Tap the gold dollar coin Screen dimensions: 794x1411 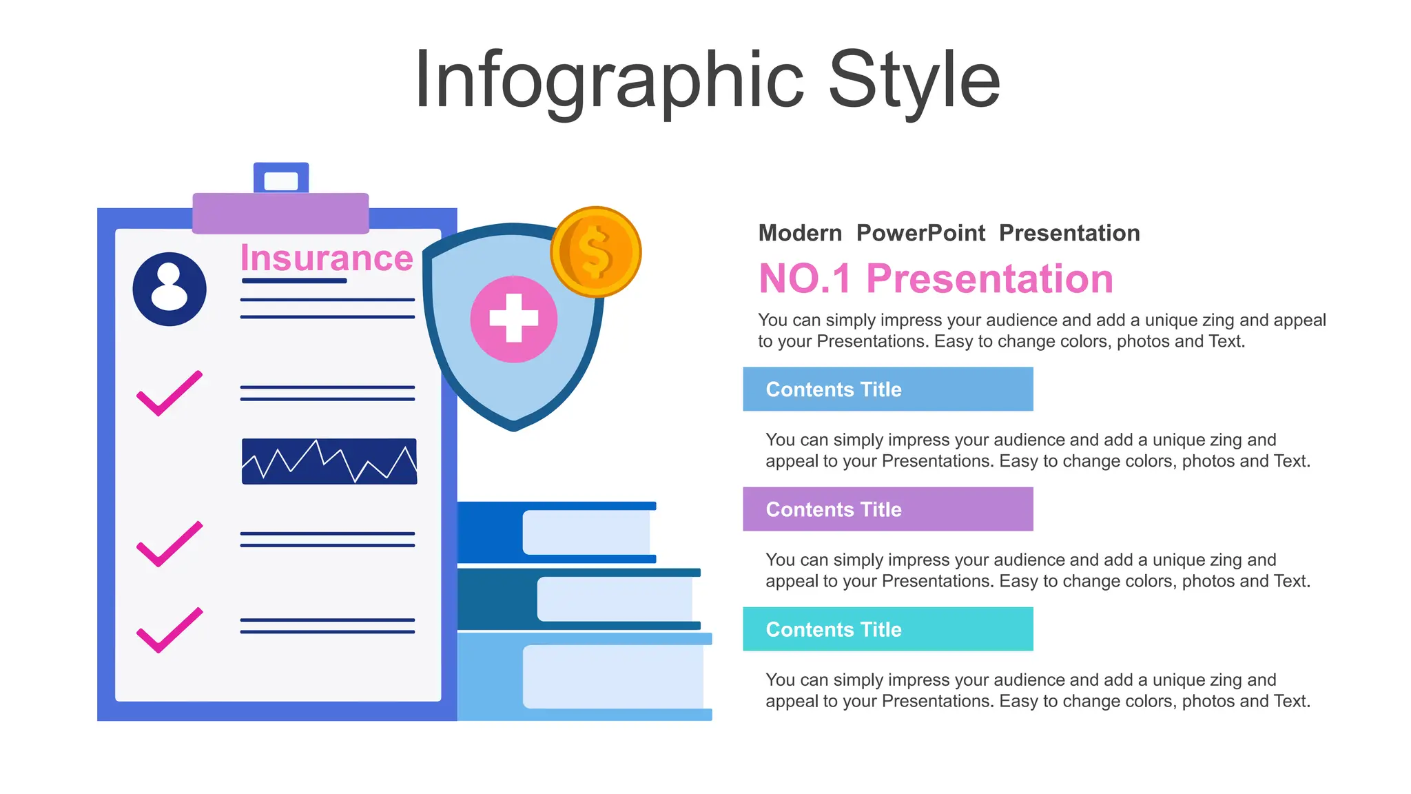[x=596, y=252]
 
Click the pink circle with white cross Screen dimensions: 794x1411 [x=514, y=319]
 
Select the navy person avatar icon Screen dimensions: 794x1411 [x=169, y=289]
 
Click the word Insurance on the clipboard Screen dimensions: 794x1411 [x=327, y=258]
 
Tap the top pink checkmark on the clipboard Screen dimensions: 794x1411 [x=169, y=394]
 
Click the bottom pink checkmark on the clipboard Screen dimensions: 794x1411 [x=169, y=630]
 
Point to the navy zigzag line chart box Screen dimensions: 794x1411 [x=329, y=461]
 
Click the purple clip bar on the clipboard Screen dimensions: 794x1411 [x=280, y=213]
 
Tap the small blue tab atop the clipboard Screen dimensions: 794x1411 [x=281, y=179]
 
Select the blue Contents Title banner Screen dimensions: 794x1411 [x=887, y=389]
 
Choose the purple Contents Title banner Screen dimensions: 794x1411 [x=887, y=509]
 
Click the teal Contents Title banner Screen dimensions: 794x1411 [x=887, y=629]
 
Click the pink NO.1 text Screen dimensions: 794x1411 [x=805, y=279]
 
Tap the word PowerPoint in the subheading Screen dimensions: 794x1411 [x=920, y=233]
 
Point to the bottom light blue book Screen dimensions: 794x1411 [x=584, y=677]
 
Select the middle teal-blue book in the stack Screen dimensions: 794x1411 [x=579, y=599]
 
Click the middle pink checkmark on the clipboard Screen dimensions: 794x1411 [x=169, y=544]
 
